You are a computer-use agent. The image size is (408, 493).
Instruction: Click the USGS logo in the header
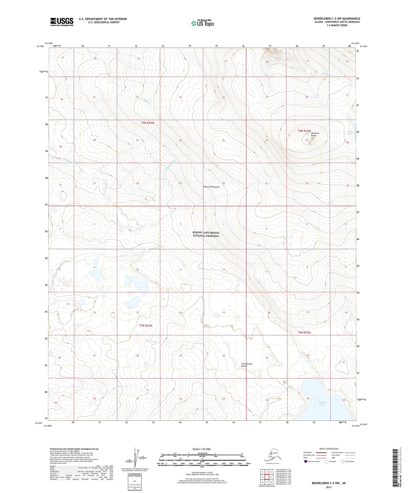click(x=62, y=22)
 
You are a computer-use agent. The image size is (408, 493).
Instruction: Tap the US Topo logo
click(x=202, y=23)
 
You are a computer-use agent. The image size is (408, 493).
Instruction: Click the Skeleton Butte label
click(x=315, y=134)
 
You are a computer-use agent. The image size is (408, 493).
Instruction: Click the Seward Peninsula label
click(x=211, y=187)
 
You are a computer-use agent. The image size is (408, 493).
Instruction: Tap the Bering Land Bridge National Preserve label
click(x=206, y=234)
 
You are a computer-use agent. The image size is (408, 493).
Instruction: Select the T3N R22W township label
click(x=304, y=332)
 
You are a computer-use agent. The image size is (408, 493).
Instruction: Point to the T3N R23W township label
click(x=146, y=326)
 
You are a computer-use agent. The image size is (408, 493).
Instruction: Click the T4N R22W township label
click(x=304, y=131)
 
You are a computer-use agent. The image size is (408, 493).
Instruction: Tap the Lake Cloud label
click(x=350, y=132)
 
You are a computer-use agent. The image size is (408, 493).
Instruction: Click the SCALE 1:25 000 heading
click(x=201, y=449)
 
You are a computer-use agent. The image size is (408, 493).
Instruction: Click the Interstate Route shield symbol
click(x=306, y=461)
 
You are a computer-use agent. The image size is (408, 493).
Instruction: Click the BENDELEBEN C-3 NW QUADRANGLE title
click(x=337, y=19)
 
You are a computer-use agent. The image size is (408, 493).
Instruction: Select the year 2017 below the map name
click(x=328, y=487)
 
